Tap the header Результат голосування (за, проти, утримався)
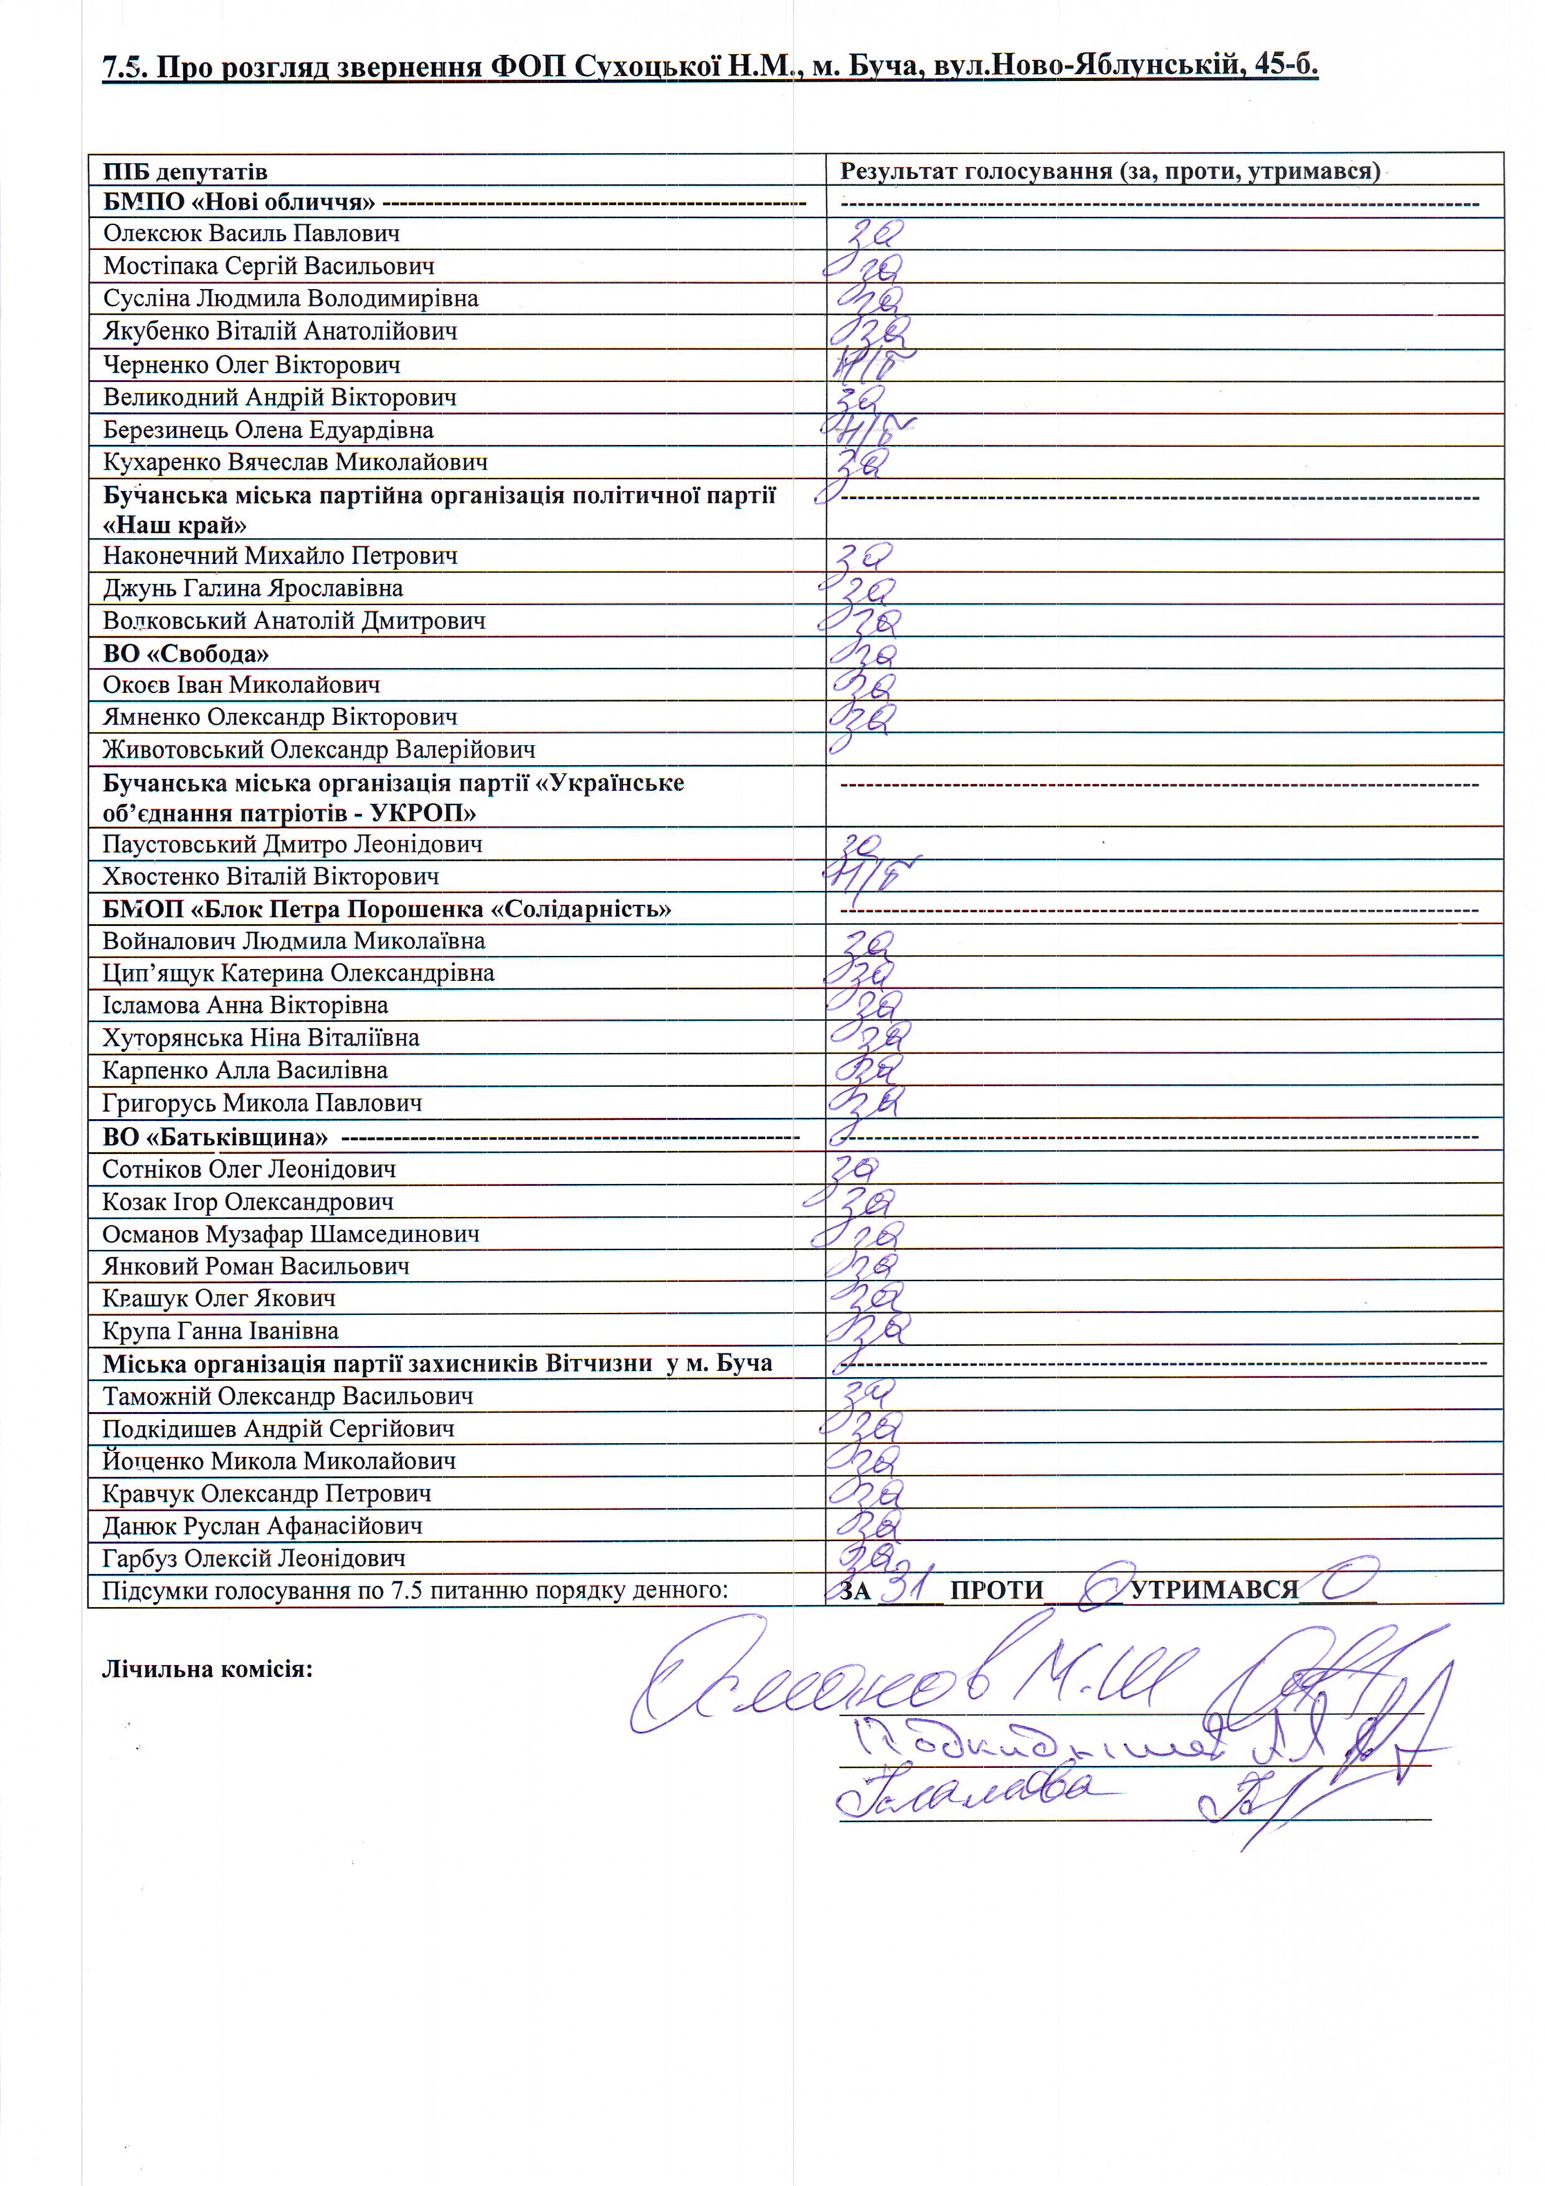pos(1109,171)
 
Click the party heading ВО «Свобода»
pos(186,654)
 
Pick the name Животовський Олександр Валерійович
pos(319,750)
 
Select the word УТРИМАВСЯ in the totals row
pos(1214,1590)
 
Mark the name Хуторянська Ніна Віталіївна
pos(261,1038)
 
